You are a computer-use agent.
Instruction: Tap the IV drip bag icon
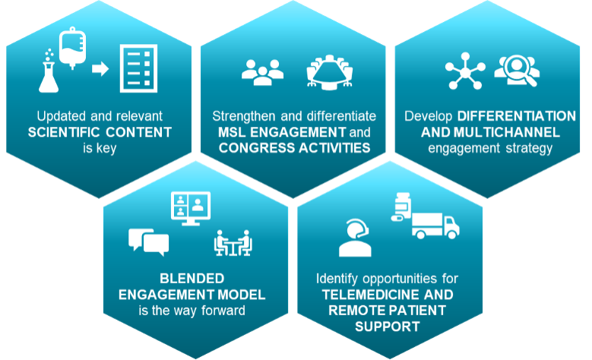point(72,49)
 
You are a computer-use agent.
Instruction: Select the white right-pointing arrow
point(100,68)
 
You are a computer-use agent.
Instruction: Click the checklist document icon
point(138,68)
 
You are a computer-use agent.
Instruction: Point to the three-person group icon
point(262,72)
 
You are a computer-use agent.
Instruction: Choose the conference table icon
point(330,72)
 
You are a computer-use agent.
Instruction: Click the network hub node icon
point(465,71)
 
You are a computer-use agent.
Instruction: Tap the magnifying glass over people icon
point(517,71)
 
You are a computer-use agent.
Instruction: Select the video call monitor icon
point(191,208)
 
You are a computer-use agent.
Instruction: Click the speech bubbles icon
point(148,242)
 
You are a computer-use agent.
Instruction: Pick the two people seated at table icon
point(233,243)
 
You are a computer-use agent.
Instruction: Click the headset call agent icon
point(355,238)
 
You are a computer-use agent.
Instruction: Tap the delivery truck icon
point(435,226)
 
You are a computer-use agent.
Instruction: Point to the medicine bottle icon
point(402,207)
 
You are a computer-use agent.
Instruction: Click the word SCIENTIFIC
point(63,132)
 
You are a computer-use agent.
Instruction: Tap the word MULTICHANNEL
point(507,132)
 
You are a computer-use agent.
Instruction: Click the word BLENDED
point(192,279)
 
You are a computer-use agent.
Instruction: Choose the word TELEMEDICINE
point(371,295)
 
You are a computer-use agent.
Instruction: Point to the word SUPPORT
point(388,327)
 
